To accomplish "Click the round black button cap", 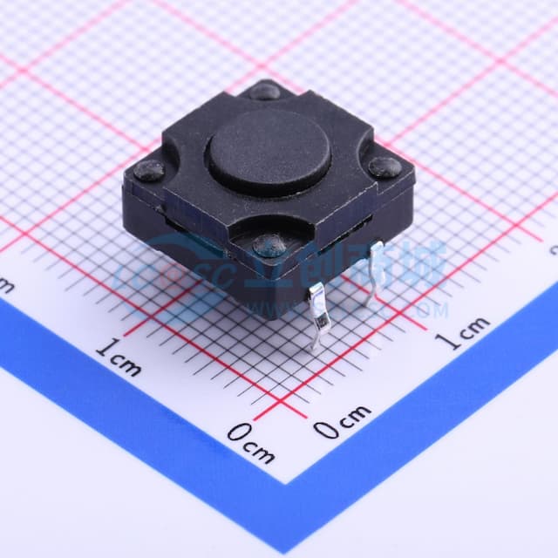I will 269,151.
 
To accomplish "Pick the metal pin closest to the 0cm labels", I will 319,314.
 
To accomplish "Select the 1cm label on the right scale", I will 461,332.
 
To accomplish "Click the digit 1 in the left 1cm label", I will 102,350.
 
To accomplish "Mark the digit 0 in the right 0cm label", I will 326,428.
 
